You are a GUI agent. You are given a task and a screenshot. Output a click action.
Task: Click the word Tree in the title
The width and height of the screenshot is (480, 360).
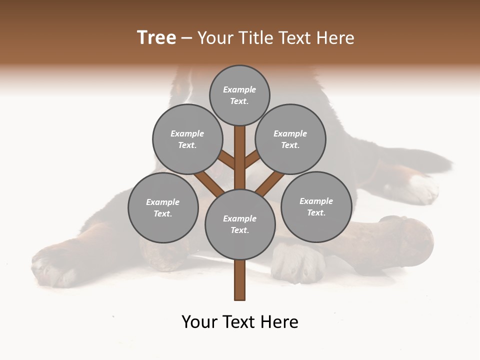pos(156,37)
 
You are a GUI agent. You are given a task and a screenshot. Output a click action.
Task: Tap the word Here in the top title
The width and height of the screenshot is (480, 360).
pos(335,38)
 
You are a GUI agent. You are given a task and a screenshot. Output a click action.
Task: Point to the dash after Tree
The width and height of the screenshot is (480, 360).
pos(186,38)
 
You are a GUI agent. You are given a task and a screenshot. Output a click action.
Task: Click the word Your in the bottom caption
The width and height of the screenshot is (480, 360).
pos(200,322)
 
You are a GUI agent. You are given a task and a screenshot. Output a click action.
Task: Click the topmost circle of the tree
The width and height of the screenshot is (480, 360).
pos(239,95)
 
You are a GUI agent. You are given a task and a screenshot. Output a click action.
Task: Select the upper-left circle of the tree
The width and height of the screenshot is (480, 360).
pos(187,139)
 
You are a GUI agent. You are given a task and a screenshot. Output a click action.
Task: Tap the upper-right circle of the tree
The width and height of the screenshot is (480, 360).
pos(290,139)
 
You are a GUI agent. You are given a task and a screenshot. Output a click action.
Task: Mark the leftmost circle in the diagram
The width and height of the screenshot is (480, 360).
pos(163,207)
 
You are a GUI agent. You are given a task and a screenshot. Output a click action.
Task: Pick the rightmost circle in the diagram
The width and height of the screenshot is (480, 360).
pos(316,206)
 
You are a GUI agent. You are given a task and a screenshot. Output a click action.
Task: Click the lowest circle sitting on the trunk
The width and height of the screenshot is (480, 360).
pos(240,224)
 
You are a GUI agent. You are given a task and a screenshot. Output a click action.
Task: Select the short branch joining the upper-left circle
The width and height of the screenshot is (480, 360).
pos(227,160)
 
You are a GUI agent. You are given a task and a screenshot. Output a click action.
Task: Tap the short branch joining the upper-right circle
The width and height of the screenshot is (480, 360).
pos(252,160)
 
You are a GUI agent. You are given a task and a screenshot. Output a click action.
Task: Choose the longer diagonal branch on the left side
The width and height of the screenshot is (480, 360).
pos(209,182)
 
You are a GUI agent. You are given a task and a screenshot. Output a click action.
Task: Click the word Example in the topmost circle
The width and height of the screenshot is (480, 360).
pos(239,89)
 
